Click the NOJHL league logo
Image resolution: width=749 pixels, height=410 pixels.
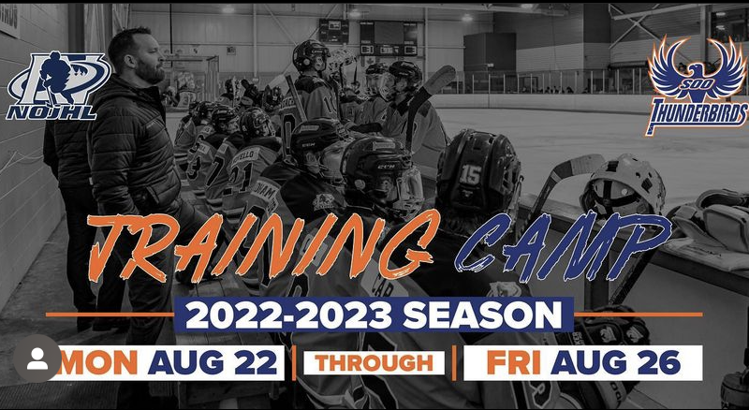coord(58,85)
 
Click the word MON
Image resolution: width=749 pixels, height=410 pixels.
coord(97,361)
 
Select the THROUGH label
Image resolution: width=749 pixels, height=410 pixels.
coord(374,361)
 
